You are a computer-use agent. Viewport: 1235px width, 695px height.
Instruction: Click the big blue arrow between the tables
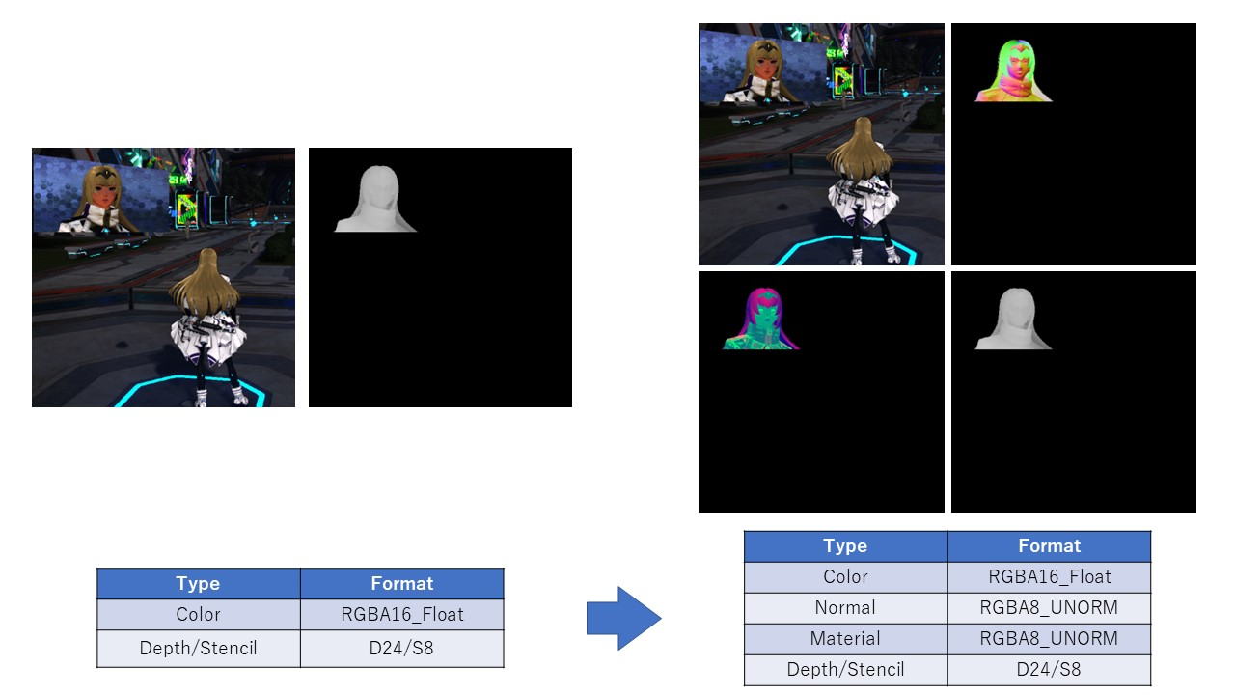622,618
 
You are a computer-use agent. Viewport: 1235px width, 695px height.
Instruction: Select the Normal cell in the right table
845,607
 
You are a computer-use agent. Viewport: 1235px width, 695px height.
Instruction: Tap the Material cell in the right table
845,638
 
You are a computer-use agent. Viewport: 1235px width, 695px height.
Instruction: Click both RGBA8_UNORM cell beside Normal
1049,607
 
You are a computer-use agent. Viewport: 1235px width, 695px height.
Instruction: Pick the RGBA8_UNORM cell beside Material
1049,638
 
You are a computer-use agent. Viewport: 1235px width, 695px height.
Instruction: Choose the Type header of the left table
198,583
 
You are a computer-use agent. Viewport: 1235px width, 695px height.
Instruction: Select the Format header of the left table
401,583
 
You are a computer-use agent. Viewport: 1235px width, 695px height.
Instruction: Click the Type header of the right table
845,545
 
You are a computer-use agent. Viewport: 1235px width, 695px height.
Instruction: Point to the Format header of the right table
1049,545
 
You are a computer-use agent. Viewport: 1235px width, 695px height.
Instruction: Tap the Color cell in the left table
198,614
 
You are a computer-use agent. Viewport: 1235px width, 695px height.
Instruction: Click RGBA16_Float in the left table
401,614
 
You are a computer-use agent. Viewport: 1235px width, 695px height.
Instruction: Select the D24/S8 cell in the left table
401,648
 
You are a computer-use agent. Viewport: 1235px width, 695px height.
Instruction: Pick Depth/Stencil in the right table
845,669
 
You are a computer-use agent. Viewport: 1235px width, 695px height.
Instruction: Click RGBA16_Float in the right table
1049,576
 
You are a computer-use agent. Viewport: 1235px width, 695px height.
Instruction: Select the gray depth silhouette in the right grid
1013,320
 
